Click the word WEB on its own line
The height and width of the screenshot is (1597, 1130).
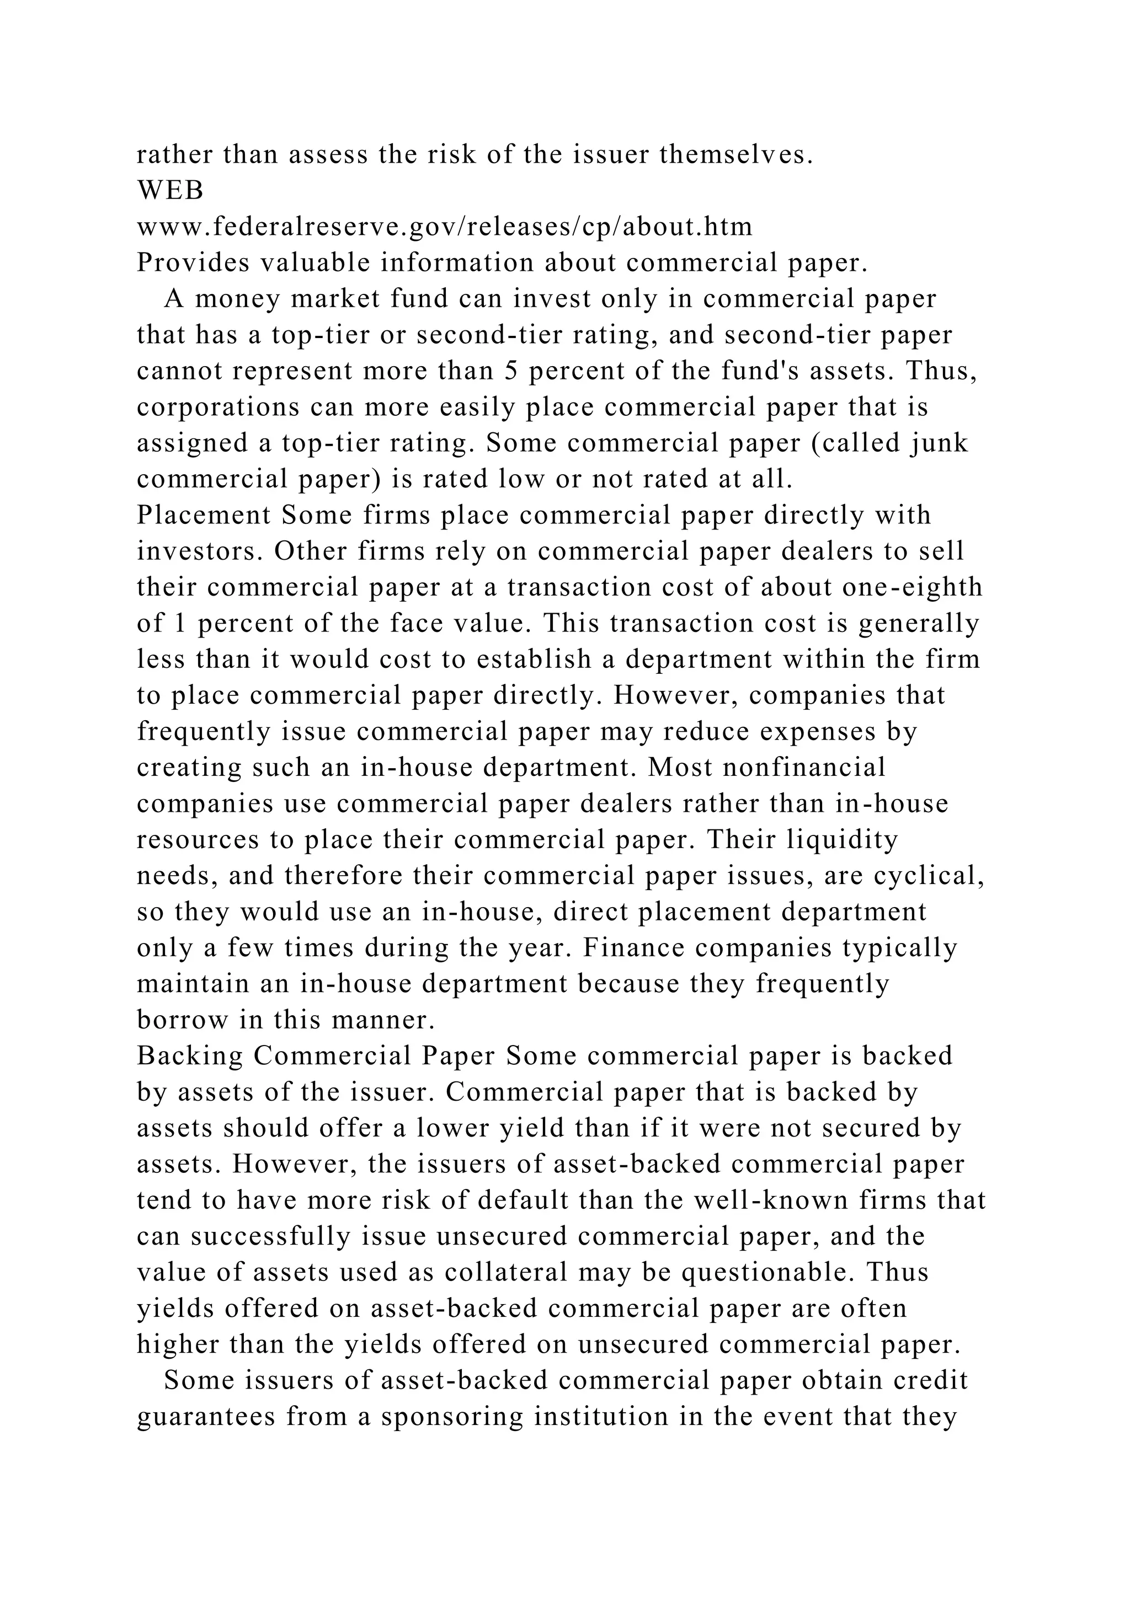(170, 191)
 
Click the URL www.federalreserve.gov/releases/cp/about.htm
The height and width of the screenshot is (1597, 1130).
(444, 227)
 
